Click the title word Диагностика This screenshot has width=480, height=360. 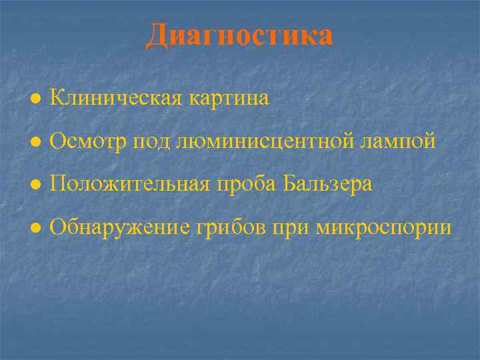coord(239,35)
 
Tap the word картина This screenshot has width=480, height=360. coord(229,99)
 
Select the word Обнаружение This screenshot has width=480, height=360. coord(121,227)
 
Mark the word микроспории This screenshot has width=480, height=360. coord(384,228)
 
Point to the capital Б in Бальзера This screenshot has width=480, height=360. coord(289,183)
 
